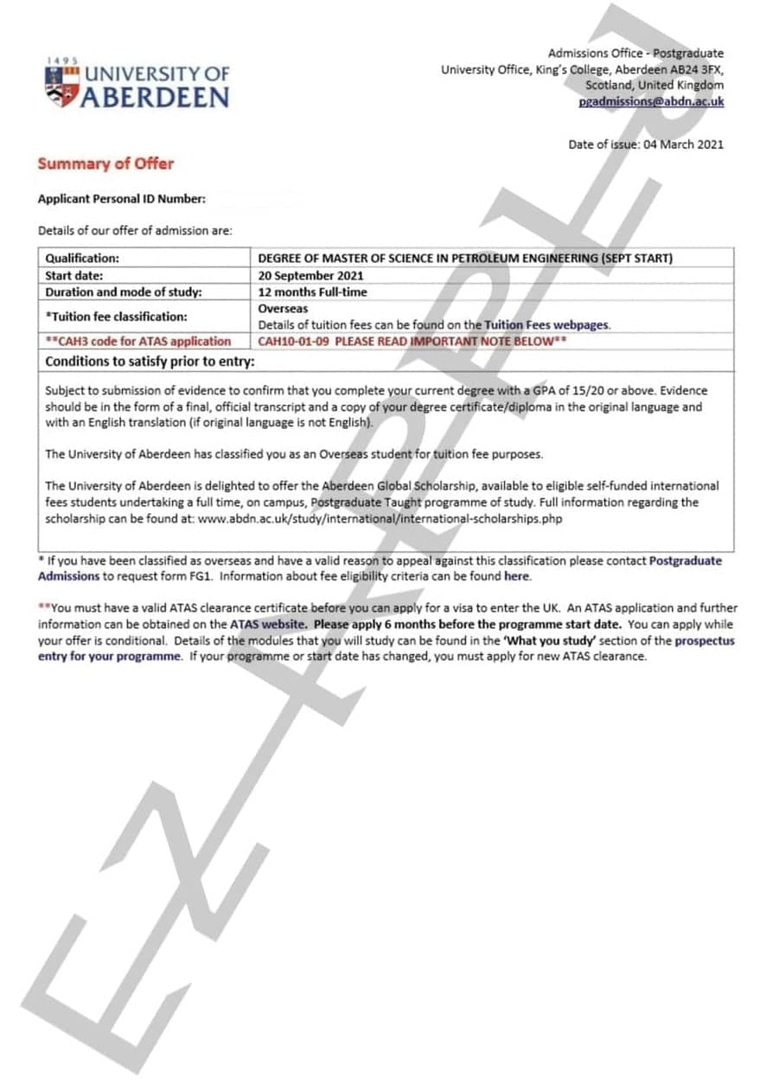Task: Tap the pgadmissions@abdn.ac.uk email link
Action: [x=651, y=101]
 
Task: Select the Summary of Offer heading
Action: [x=105, y=164]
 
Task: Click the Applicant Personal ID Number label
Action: [x=122, y=200]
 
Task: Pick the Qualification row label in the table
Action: [x=82, y=258]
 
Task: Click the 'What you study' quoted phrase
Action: [x=548, y=640]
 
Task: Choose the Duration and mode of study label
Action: [x=124, y=292]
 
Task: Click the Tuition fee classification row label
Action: [x=116, y=317]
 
